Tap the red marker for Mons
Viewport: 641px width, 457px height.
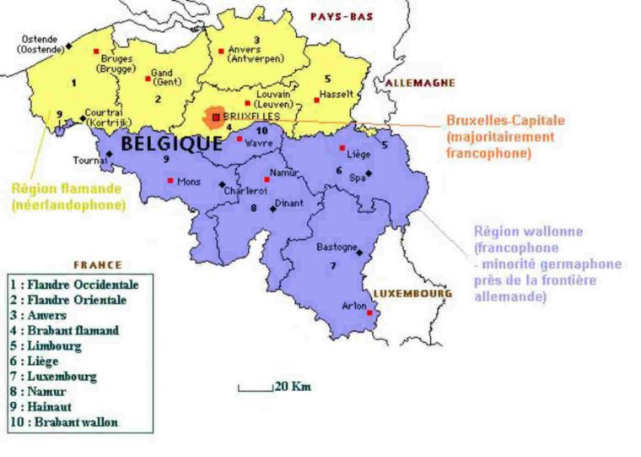pyautogui.click(x=171, y=180)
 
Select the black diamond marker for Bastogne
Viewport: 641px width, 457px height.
pyautogui.click(x=359, y=252)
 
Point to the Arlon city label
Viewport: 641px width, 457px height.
pyautogui.click(x=353, y=306)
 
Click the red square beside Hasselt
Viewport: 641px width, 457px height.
pyautogui.click(x=317, y=100)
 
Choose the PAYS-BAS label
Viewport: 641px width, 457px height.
pyautogui.click(x=342, y=16)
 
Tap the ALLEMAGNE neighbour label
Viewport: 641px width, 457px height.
pyautogui.click(x=420, y=83)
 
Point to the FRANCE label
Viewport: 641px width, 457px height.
pyautogui.click(x=98, y=264)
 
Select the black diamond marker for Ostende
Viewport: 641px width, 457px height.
pyautogui.click(x=68, y=46)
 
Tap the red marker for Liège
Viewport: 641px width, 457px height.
pyautogui.click(x=342, y=148)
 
